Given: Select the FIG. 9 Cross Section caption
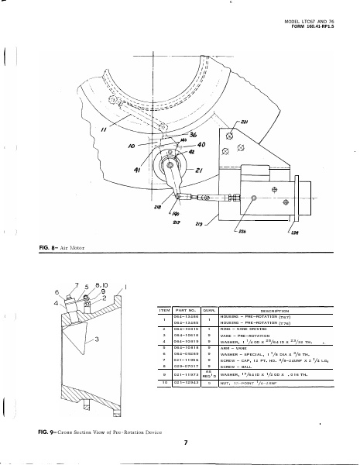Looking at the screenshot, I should coord(98,429).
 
